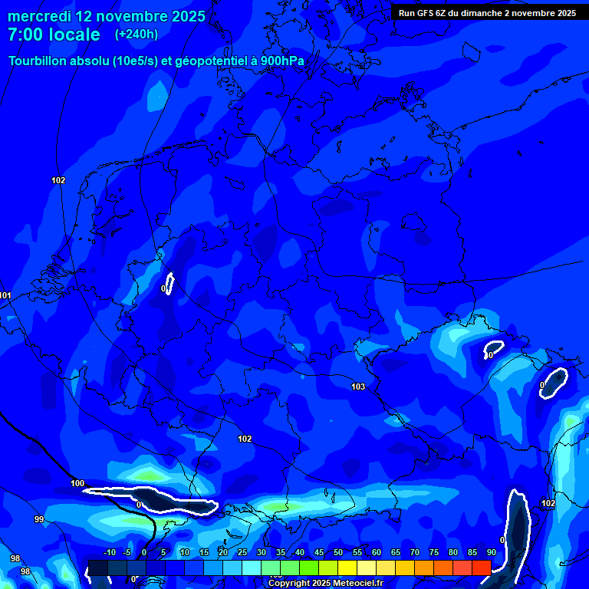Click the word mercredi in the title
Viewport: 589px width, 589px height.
[39, 16]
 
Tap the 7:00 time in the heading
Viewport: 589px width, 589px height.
[24, 35]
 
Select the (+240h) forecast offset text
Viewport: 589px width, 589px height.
[137, 35]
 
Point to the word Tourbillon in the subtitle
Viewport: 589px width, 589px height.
[41, 61]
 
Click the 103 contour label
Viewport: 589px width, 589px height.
[358, 387]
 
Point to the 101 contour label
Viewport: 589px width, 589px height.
[5, 295]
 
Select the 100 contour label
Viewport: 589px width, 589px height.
[77, 483]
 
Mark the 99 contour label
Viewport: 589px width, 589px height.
[39, 519]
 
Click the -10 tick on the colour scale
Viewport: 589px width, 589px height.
[109, 552]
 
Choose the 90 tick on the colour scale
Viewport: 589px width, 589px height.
[492, 552]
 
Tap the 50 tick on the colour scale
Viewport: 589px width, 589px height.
[338, 552]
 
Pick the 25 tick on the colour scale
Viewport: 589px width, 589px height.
[242, 552]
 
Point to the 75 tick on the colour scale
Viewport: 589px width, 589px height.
[434, 552]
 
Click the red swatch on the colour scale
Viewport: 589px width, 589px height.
[481, 568]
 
